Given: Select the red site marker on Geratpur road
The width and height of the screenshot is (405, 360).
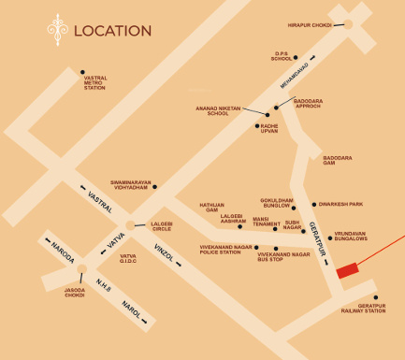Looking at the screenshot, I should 347,270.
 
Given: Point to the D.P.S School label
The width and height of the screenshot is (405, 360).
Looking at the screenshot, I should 282,56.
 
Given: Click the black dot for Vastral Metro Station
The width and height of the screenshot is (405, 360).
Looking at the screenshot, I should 82,72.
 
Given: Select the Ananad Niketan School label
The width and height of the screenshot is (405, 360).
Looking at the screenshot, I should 217,110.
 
